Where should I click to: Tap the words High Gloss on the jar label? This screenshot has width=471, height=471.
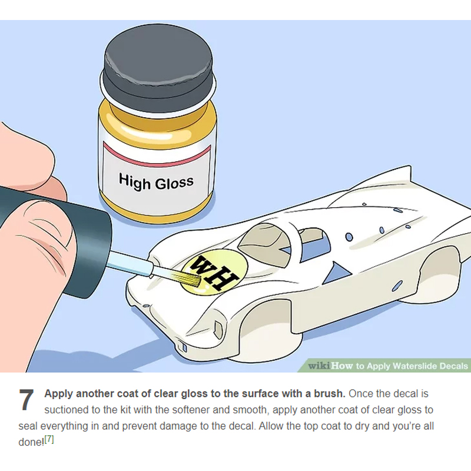tap(156, 182)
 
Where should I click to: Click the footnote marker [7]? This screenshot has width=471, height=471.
tap(49, 440)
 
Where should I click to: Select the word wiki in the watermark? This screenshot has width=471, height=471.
tap(319, 366)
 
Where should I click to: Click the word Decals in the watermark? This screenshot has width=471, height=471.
tap(453, 366)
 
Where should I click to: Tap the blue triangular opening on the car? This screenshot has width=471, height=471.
tap(336, 273)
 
